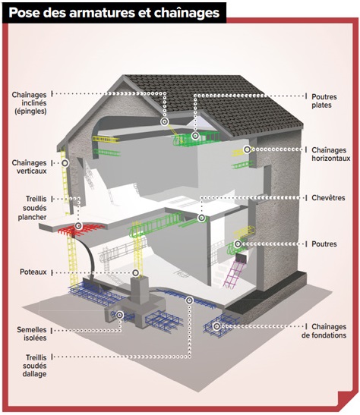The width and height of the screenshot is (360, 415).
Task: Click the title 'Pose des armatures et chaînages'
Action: click(114, 12)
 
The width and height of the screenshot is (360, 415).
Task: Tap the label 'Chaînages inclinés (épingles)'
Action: click(29, 102)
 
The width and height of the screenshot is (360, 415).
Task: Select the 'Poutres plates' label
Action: click(324, 101)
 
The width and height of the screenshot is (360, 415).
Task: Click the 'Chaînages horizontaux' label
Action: click(331, 154)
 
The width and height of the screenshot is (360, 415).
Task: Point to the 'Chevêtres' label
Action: click(328, 198)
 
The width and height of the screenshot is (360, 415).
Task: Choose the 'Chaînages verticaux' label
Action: click(29, 167)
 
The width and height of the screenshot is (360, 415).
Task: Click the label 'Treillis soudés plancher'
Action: click(33, 208)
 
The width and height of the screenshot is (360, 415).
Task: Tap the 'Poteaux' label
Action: click(33, 272)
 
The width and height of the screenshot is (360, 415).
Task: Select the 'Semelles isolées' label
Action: click(32, 334)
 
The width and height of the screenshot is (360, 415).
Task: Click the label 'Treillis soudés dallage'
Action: click(34, 366)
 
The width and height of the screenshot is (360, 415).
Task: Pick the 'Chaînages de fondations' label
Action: click(324, 331)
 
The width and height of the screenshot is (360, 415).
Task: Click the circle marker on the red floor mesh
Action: click(78, 226)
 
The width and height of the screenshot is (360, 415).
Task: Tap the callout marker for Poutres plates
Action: click(195, 136)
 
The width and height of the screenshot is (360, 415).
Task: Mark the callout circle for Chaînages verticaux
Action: click(65, 163)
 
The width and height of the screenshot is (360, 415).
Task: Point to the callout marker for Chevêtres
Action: click(201, 218)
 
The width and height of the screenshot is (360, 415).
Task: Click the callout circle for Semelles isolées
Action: click(119, 315)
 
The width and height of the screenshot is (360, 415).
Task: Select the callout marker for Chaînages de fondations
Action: click(216, 326)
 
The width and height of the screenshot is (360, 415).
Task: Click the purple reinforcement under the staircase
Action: click(234, 274)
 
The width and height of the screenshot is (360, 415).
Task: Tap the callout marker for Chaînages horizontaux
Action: click(247, 149)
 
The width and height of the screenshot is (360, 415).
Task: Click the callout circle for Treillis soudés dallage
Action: click(189, 300)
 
